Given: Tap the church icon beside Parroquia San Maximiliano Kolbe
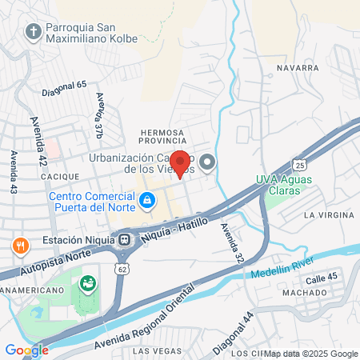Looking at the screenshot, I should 33,31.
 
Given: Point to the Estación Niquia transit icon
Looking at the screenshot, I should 125,239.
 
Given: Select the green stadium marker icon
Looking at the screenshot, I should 87,282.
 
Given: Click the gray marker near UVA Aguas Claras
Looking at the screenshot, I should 208,163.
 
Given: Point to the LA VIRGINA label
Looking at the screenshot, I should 328,215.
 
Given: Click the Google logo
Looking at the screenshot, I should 26,350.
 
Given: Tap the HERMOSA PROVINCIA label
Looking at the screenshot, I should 162,137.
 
